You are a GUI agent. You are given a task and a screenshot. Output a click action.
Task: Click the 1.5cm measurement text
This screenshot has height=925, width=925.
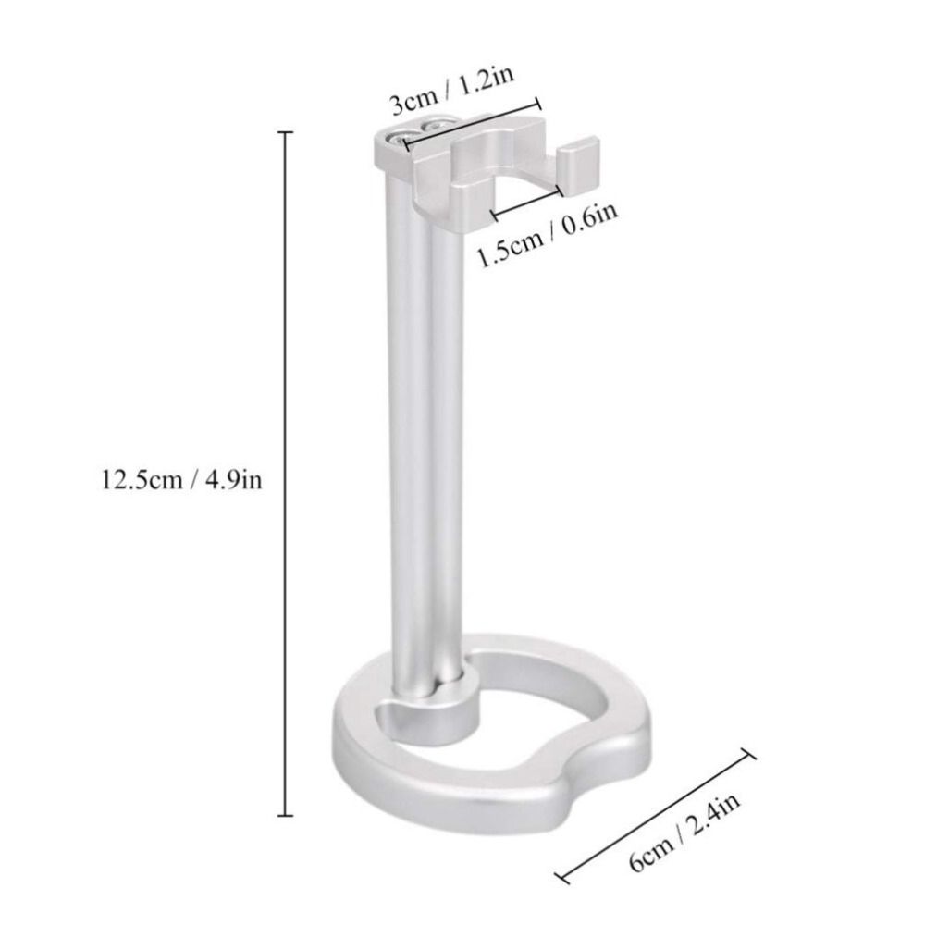click(510, 245)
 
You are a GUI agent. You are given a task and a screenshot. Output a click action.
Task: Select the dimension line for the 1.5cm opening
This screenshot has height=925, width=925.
click(527, 203)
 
